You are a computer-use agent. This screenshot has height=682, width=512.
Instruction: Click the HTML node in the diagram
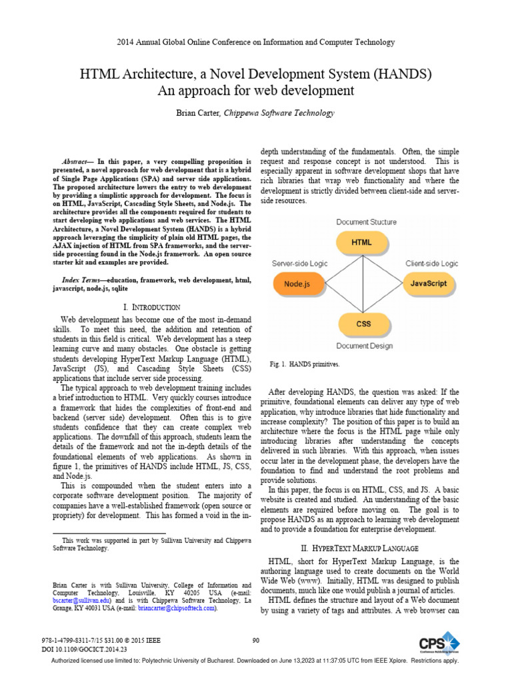tap(363, 242)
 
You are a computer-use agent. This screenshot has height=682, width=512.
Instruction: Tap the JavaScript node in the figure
tap(429, 283)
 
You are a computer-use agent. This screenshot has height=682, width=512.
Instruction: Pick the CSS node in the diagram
tap(363, 324)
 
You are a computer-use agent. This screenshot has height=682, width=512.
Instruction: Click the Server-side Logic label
tap(299, 264)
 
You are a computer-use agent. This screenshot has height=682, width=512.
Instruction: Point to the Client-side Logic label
tap(432, 264)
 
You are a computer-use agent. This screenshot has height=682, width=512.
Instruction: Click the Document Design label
tap(364, 346)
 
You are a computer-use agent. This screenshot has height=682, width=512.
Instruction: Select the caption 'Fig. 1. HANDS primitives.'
tap(305, 364)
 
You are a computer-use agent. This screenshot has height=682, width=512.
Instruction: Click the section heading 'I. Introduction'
tap(152, 307)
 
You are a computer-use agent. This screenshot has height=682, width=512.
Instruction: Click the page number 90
tap(255, 641)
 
